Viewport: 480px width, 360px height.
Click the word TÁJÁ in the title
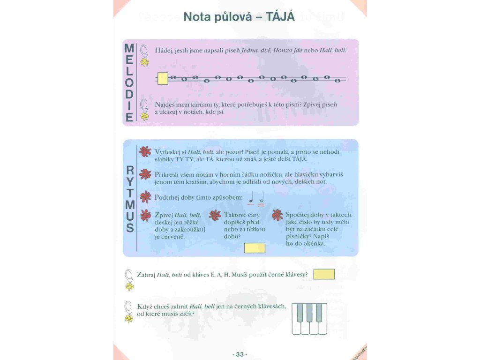(280, 17)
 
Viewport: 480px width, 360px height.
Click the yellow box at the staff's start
(163, 78)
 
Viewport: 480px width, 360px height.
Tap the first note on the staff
(172, 77)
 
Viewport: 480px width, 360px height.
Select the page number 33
(240, 354)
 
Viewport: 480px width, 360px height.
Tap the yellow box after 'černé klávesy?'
(323, 274)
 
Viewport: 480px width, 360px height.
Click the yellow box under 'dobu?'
(255, 247)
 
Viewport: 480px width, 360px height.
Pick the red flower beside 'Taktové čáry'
(215, 215)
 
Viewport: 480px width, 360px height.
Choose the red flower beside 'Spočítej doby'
(277, 215)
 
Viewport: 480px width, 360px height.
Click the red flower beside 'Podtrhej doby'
(145, 196)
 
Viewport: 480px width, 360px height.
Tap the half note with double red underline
(262, 199)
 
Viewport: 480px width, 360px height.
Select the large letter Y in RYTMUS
(130, 182)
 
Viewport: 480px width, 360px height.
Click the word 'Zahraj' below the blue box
(146, 274)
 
